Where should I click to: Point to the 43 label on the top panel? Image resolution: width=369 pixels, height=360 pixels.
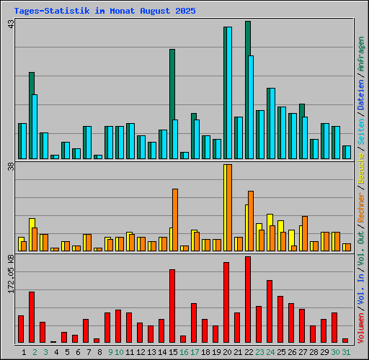pos(10,24)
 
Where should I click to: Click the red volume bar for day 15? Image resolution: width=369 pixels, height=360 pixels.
pos(172,306)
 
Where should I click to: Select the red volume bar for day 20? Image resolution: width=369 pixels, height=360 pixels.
pos(226,302)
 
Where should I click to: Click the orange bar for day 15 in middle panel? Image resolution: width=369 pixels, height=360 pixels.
pos(175,220)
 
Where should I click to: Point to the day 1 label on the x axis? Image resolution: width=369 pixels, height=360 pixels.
pos(24,352)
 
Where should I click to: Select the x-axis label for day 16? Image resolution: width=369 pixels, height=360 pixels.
pos(184,352)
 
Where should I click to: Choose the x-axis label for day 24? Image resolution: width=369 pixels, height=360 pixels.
pos(270,352)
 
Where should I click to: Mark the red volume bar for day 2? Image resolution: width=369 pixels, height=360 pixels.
pos(32,317)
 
